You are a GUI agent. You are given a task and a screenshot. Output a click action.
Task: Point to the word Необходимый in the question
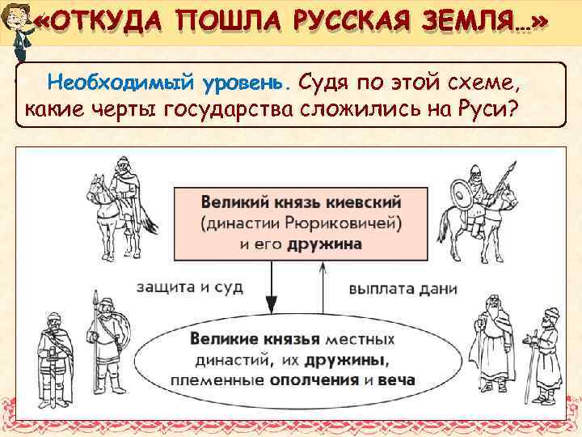114,83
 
